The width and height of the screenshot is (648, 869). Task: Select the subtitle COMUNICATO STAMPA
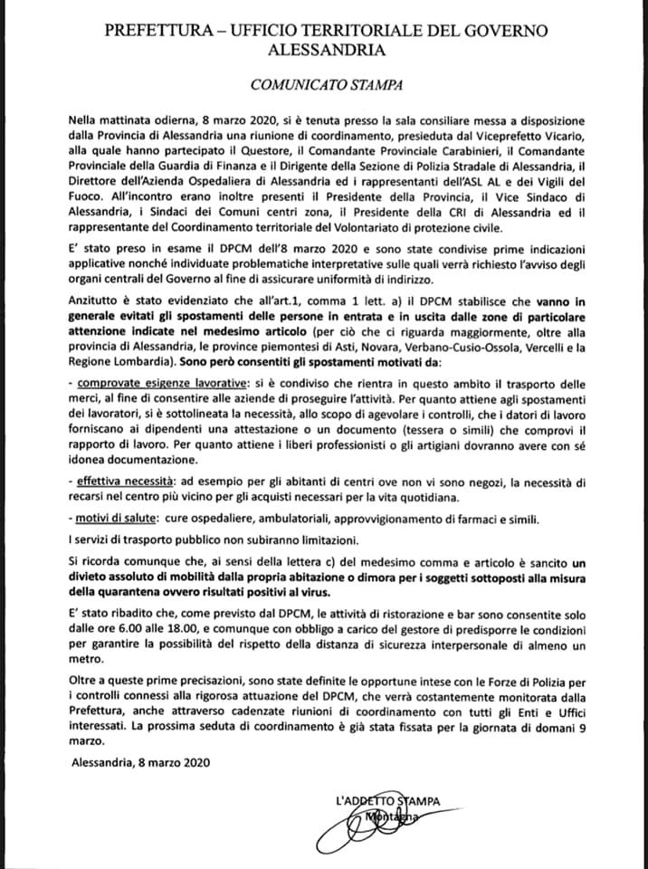coord(323,83)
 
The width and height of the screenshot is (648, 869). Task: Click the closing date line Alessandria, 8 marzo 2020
coord(139,762)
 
